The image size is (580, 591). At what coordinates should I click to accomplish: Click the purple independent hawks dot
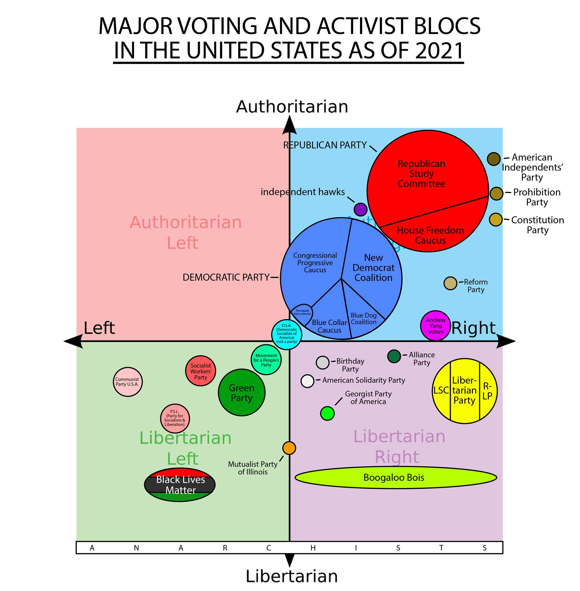[360, 210]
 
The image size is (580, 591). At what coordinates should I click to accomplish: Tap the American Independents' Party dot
[493, 159]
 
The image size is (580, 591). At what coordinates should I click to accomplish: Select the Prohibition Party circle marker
[496, 194]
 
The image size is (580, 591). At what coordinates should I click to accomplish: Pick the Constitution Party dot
[495, 219]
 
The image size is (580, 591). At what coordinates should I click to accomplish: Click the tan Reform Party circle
[450, 283]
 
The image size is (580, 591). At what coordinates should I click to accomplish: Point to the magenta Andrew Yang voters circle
[435, 326]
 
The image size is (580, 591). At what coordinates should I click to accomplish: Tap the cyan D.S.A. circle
[286, 334]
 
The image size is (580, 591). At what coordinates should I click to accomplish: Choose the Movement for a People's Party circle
[266, 360]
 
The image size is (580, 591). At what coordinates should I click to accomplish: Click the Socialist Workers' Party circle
[200, 371]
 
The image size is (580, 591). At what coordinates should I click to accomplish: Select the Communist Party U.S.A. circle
[128, 382]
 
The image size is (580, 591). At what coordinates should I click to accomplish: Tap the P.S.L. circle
[175, 418]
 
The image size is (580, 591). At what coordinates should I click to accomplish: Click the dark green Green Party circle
[242, 392]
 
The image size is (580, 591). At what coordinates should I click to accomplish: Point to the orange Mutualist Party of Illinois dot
[289, 448]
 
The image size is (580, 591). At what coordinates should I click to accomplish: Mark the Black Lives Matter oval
[180, 485]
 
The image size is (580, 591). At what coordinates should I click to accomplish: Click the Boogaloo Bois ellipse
[395, 478]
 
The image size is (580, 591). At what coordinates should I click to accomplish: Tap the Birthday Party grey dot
[323, 362]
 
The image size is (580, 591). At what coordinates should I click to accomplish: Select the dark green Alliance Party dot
[394, 356]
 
